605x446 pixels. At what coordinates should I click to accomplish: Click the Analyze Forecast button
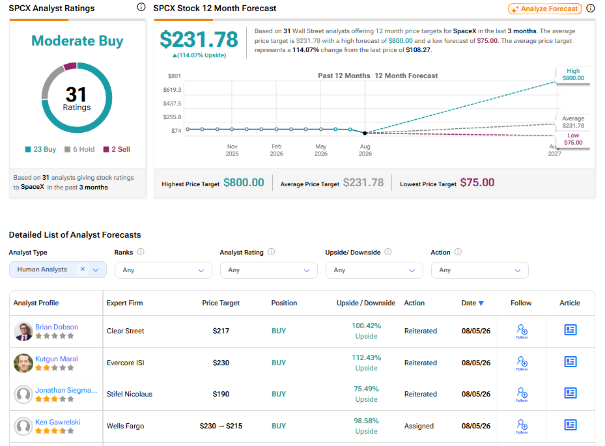coord(545,8)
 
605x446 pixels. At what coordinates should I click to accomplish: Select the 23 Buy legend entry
coord(40,149)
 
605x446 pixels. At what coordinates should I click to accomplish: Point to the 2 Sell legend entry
coord(117,149)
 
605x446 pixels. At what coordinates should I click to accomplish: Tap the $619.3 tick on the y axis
coord(172,89)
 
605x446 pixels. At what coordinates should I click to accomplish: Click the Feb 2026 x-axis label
coord(276,150)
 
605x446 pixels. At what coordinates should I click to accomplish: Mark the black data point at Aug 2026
coord(365,133)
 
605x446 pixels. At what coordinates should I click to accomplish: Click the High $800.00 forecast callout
coord(573,74)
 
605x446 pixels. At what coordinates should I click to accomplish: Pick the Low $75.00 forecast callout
coord(573,139)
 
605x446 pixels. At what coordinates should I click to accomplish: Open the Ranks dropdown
coord(163,270)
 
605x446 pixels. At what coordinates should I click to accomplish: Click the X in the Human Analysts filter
coord(83,269)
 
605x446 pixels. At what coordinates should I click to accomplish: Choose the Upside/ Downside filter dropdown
coord(374,270)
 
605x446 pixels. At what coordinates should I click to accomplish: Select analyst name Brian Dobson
coord(57,327)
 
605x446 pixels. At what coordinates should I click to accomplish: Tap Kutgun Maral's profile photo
coord(23,363)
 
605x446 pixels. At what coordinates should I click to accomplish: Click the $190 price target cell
coord(221,394)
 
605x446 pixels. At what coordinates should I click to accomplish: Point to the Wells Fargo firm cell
coord(126,426)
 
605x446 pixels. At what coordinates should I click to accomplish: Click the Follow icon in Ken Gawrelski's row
coord(522,426)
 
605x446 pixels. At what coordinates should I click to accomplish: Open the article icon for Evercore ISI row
coord(570,361)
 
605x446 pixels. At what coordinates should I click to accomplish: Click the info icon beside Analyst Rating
coord(272,251)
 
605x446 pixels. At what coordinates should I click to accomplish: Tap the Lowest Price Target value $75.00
coord(477,182)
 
